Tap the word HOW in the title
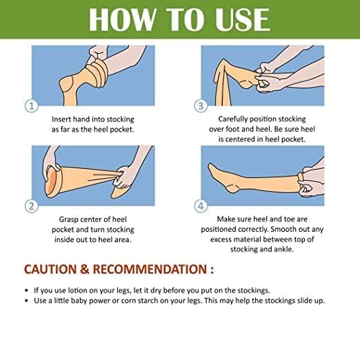click(122, 19)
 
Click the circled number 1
click(31, 106)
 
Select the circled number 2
click(31, 206)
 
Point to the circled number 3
click(201, 106)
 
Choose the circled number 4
click(201, 206)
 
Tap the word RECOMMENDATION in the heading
click(150, 269)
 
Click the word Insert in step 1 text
click(60, 119)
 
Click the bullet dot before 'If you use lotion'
click(27, 290)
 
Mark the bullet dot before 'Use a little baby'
click(27, 301)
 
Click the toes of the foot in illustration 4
click(211, 167)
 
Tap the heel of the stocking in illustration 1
click(65, 84)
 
